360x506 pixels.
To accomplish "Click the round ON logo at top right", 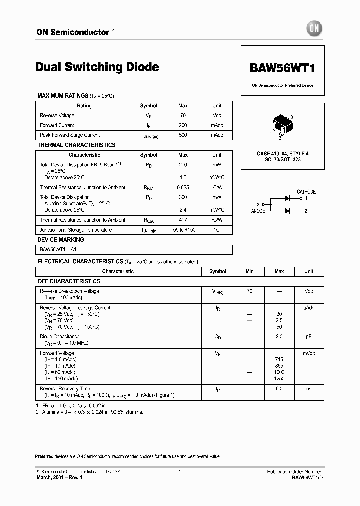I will click(314, 29).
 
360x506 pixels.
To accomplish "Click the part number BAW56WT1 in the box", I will click(282, 68).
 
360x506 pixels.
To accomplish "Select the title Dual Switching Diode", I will click(97, 67).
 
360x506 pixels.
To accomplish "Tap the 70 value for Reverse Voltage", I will click(183, 115).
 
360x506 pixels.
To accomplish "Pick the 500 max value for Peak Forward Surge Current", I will click(183, 135).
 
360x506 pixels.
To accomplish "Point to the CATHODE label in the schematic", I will click(306, 192).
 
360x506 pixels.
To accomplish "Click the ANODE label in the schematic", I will click(258, 211).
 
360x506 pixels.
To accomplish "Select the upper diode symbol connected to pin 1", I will click(287, 198).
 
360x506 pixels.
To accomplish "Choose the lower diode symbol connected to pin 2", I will click(287, 211).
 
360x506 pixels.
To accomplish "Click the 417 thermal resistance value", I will click(183, 220).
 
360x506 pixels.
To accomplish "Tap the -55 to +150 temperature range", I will click(183, 230).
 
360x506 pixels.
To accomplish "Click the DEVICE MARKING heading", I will click(61, 240).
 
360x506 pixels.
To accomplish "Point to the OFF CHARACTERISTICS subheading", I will click(69, 281).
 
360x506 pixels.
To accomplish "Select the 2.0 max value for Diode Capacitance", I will click(279, 337).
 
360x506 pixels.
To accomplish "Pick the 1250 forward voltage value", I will click(279, 379).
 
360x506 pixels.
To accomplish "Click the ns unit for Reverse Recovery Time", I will click(309, 388).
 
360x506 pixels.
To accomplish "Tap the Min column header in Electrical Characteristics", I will click(249, 271).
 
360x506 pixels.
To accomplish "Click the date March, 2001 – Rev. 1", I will click(60, 478).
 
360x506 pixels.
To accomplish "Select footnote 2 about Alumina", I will click(90, 412).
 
